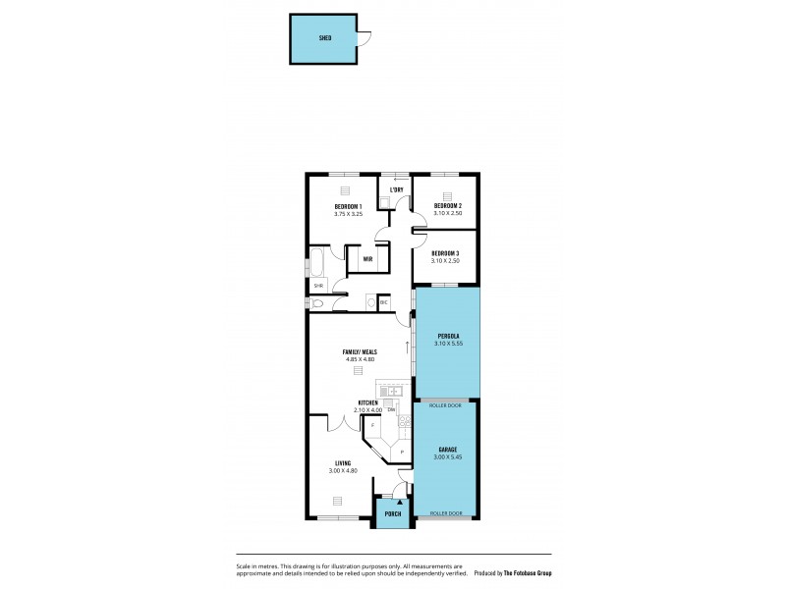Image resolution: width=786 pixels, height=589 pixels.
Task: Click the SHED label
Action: (324, 38)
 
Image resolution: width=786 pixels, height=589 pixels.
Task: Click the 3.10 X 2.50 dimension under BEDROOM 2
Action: (448, 213)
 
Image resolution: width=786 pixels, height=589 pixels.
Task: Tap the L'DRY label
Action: (396, 189)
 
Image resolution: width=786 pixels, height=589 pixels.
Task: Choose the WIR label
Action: (366, 259)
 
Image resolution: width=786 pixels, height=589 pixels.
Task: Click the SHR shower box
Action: (318, 286)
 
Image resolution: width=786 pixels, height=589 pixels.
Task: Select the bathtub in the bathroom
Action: (318, 262)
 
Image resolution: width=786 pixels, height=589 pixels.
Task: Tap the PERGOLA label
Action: (448, 337)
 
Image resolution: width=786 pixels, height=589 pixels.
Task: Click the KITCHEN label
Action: (368, 402)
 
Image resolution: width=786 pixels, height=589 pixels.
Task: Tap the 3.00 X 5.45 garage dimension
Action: (447, 457)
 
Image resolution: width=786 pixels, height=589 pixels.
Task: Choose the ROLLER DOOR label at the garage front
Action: (447, 512)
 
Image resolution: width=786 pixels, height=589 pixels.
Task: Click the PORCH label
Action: (393, 513)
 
